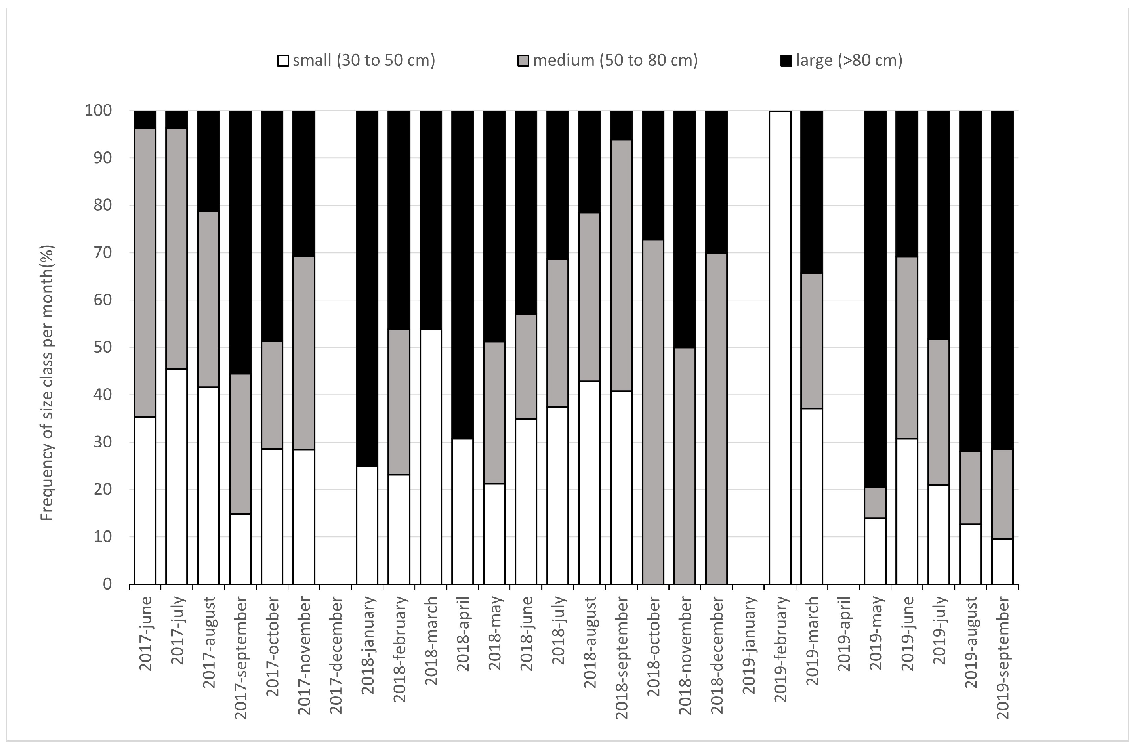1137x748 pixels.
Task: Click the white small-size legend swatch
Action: tap(283, 61)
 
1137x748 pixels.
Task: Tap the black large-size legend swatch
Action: tap(786, 61)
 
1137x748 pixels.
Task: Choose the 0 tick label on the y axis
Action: tap(107, 584)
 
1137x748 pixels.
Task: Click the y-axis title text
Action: tap(47, 383)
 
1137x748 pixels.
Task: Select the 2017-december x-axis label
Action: tap(336, 656)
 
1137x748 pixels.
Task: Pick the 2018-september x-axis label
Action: tap(622, 658)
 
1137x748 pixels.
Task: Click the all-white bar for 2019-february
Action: tap(780, 347)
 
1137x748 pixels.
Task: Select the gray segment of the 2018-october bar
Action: tap(653, 412)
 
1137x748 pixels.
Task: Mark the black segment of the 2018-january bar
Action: tap(367, 288)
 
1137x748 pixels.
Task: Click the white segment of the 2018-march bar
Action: tap(430, 457)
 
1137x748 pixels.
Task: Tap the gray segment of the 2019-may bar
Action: tap(875, 503)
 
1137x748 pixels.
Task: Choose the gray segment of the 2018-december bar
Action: tap(717, 419)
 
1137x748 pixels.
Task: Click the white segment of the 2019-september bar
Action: tap(1002, 562)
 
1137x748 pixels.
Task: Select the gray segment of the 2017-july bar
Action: tap(176, 249)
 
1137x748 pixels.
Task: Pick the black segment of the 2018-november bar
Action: tap(685, 229)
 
